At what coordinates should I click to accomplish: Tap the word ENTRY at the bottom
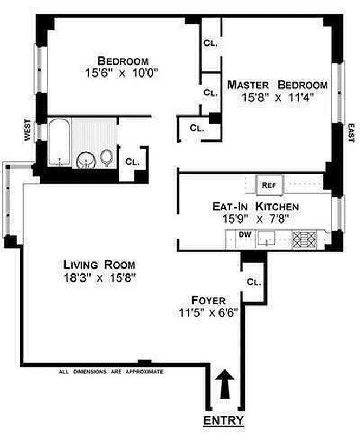coord(223,420)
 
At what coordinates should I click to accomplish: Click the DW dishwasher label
coord(245,235)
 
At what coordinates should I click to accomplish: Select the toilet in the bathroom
coord(107,158)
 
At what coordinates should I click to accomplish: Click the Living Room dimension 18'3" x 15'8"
coord(99,278)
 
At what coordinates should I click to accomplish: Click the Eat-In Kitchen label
coord(255,207)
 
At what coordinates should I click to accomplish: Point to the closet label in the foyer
coord(253,283)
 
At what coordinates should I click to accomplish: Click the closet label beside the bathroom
coord(132,162)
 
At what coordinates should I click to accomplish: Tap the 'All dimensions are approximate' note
coord(111,372)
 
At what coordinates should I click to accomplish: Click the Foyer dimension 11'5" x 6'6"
coord(208,312)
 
